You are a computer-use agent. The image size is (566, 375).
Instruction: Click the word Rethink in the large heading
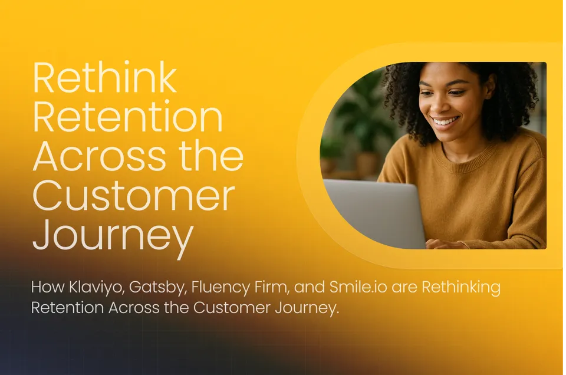105,79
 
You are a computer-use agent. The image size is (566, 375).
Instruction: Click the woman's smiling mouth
446,121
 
